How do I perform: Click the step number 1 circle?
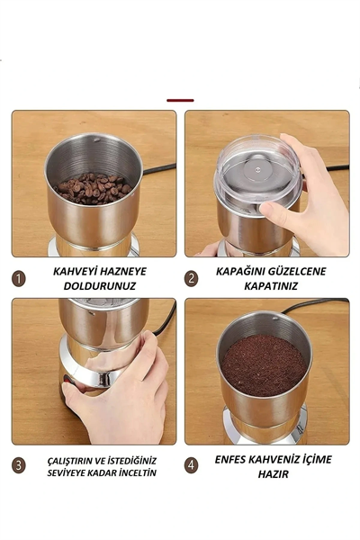tap(19, 278)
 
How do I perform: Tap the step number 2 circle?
tap(191, 278)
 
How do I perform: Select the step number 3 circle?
tap(19, 466)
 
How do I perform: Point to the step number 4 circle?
tap(191, 466)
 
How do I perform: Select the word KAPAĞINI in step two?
tap(242, 270)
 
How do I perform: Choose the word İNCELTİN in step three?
tap(134, 472)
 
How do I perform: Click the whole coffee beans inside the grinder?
tap(93, 187)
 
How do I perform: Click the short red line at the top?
tap(180, 100)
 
